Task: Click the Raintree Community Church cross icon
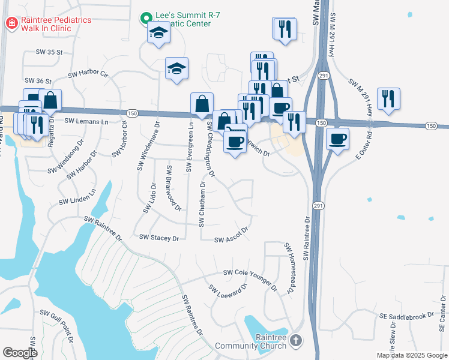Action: click(x=295, y=341)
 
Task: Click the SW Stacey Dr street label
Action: click(x=159, y=238)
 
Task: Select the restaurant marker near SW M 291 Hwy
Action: click(x=388, y=98)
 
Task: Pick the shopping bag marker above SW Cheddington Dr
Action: click(x=202, y=103)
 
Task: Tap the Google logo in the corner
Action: click(x=20, y=353)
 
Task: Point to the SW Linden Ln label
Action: click(x=77, y=199)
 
